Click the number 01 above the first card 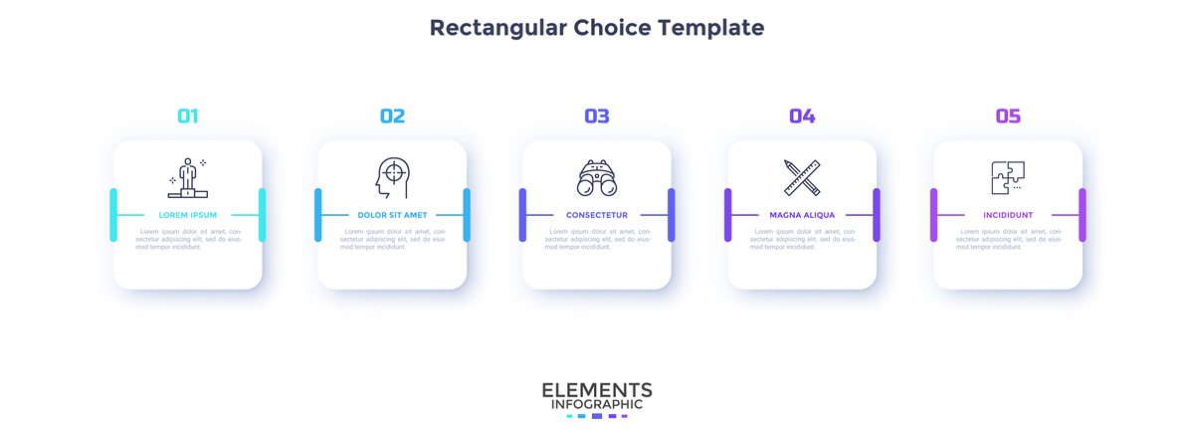click(x=187, y=116)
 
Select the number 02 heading click(x=392, y=116)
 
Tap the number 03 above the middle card click(x=597, y=116)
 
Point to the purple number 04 click(x=802, y=116)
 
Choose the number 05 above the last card click(x=1008, y=116)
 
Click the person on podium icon click(x=187, y=178)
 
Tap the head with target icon click(x=392, y=177)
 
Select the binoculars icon click(x=597, y=178)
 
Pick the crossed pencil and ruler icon click(x=802, y=177)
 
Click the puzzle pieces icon click(x=1008, y=177)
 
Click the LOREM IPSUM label click(x=187, y=215)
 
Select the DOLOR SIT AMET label click(x=392, y=215)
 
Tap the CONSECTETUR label click(x=597, y=215)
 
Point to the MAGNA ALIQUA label click(x=802, y=215)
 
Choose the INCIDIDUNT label click(x=1008, y=215)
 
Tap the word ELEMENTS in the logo click(x=597, y=389)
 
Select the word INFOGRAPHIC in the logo click(x=597, y=404)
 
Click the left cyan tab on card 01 click(x=113, y=214)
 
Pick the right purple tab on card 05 click(x=1083, y=214)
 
